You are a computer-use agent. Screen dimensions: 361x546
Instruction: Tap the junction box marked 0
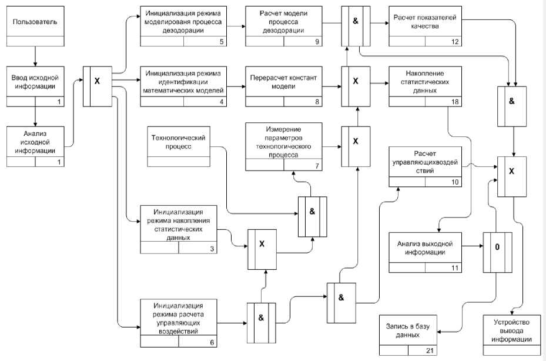point(497,247)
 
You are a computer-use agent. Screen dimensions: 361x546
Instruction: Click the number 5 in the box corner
point(220,42)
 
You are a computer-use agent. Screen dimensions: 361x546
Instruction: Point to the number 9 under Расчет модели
point(317,42)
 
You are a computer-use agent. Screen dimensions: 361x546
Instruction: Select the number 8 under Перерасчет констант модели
point(317,101)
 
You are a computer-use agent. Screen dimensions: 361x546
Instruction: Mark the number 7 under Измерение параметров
point(317,166)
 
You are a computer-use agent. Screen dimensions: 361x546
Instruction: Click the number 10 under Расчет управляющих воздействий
point(454,182)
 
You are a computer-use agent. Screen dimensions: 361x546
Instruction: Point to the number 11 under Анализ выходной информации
point(454,268)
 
